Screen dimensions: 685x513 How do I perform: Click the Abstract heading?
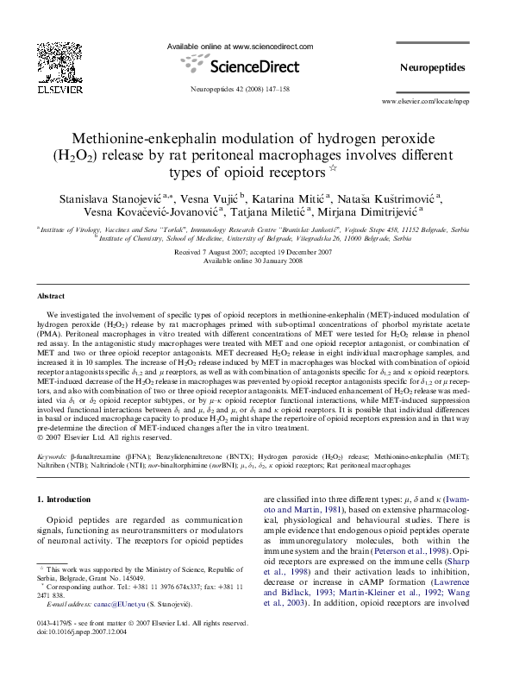[53, 294]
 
